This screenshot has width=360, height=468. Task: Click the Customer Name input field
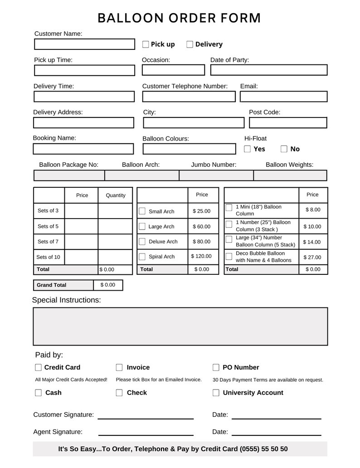click(84, 44)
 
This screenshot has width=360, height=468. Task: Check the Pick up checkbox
click(146, 44)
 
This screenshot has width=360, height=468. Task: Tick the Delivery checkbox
click(190, 44)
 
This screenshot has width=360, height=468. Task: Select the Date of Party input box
click(268, 70)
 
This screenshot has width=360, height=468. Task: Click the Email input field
click(283, 97)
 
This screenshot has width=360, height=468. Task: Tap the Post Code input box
click(288, 123)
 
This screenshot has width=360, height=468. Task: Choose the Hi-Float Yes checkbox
click(248, 149)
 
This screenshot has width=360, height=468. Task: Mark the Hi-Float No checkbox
click(284, 149)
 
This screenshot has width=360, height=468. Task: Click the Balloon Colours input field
click(189, 149)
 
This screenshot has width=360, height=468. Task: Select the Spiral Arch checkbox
click(142, 257)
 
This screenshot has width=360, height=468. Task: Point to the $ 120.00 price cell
click(202, 256)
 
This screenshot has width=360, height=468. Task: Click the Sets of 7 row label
click(48, 242)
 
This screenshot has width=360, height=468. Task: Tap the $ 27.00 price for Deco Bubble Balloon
click(312, 258)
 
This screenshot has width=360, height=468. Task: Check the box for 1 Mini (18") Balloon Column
click(229, 208)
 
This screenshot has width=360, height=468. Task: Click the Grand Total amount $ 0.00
click(108, 285)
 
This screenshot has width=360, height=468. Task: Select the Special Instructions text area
click(180, 327)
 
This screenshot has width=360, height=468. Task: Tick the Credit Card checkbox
click(39, 368)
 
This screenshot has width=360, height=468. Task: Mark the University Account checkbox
click(216, 393)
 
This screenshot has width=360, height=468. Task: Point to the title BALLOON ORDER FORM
click(180, 18)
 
